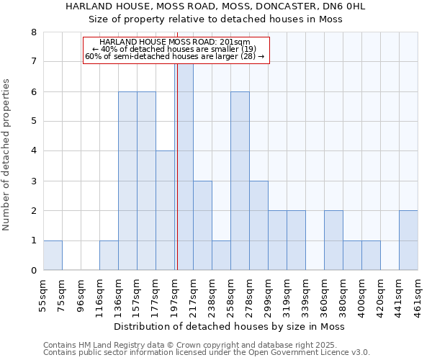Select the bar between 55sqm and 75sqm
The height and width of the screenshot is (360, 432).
[53, 255]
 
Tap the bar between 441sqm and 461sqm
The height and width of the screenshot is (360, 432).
[408, 240]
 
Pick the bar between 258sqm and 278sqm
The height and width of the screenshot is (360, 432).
[240, 181]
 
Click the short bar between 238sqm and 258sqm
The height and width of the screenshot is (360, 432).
[221, 255]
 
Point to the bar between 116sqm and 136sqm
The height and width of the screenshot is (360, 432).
[109, 255]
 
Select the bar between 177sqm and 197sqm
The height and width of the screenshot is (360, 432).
[165, 210]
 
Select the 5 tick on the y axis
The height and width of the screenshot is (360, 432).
[33, 122]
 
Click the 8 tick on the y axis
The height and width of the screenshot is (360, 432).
[33, 32]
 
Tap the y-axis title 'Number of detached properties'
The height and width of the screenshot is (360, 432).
[6, 156]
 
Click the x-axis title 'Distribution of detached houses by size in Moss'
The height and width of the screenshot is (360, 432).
[230, 326]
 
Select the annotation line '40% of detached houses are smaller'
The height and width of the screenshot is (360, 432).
[175, 49]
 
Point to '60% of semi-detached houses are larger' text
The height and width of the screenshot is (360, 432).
[175, 56]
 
